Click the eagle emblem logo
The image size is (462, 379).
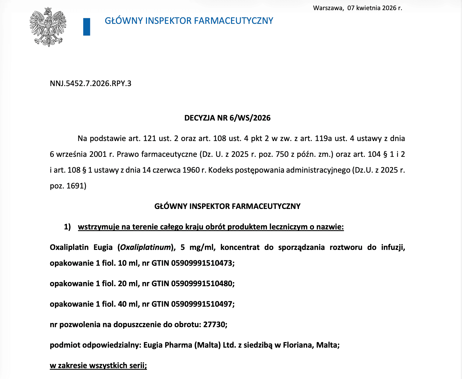(x=48, y=27)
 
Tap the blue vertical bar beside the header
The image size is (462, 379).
(x=87, y=27)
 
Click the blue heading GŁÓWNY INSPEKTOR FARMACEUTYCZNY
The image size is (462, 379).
(x=189, y=21)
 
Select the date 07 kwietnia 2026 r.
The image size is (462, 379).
(x=375, y=8)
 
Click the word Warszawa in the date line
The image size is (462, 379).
(x=328, y=8)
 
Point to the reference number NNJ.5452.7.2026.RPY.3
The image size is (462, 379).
(x=90, y=83)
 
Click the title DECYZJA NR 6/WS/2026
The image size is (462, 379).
(x=227, y=118)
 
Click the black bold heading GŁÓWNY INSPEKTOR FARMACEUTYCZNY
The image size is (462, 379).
(x=227, y=206)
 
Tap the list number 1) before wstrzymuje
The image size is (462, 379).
(x=67, y=227)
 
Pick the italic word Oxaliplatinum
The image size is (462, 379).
(x=145, y=247)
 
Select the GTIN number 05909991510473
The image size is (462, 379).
(x=202, y=263)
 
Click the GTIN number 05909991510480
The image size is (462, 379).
(x=202, y=284)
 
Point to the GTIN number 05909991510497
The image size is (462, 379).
(x=202, y=304)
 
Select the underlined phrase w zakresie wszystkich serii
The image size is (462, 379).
(x=98, y=366)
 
